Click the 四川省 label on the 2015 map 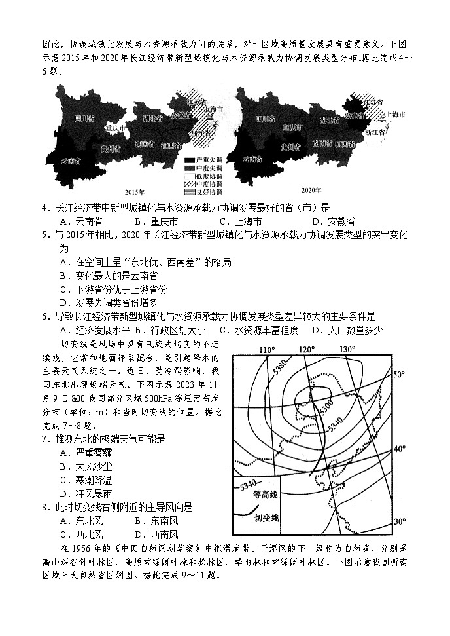tap(83, 119)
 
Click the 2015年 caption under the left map tap(133, 190)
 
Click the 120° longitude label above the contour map tap(307, 349)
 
